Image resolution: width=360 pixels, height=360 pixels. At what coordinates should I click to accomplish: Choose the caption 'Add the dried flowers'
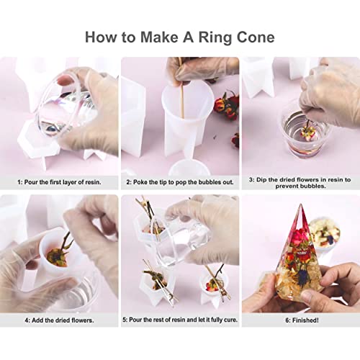pyautogui.click(x=59, y=319)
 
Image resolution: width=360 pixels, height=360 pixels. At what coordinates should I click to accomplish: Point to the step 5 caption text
pyautogui.click(x=180, y=319)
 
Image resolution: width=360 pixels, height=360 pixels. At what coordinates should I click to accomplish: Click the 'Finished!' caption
pyautogui.click(x=300, y=319)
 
